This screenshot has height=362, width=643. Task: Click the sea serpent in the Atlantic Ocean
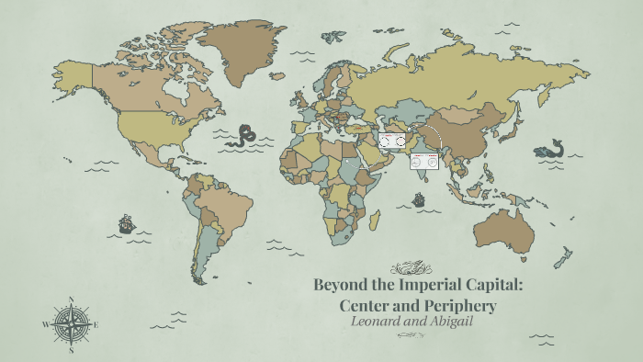(245, 136)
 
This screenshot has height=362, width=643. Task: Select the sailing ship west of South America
(126, 223)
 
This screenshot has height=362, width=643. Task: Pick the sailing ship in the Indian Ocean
(419, 198)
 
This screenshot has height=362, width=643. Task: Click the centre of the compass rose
(71, 324)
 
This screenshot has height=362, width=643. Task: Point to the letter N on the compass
(71, 300)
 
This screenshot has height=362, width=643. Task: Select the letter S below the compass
(71, 350)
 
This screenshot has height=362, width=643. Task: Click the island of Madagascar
(375, 221)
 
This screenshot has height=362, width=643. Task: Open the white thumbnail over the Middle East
(392, 141)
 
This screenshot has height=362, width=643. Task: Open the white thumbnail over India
(425, 162)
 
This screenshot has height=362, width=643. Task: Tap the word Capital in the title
(487, 284)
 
